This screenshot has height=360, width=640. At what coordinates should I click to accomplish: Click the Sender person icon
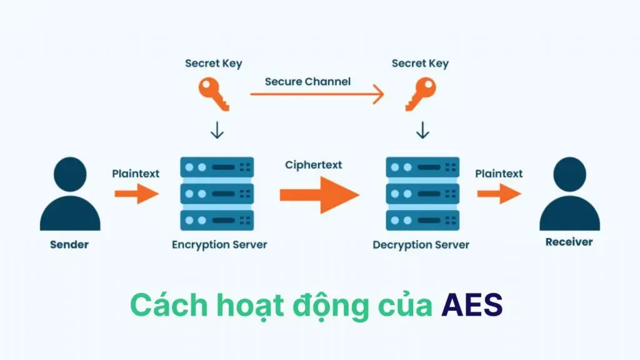coord(70,195)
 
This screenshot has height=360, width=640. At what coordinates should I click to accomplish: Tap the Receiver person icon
coord(569,195)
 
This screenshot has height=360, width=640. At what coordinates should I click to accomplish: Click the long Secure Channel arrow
coord(317,95)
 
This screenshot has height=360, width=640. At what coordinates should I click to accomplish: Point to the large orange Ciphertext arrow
coord(319,194)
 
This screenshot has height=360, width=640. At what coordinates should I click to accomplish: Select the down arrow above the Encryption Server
coord(216,131)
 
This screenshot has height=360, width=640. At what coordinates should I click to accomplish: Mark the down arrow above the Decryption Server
coord(423,131)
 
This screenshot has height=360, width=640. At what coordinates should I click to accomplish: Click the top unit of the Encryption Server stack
coord(217,167)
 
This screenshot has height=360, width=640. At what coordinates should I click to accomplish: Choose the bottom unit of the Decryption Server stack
coord(422,220)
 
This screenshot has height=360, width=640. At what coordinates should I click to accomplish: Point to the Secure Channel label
coord(307,81)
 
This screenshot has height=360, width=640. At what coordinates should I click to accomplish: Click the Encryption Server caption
coord(219,244)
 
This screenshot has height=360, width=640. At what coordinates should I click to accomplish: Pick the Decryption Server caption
coord(421,244)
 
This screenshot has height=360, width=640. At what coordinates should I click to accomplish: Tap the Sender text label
coord(69,244)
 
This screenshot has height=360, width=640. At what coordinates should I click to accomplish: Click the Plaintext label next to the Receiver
coord(499,173)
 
